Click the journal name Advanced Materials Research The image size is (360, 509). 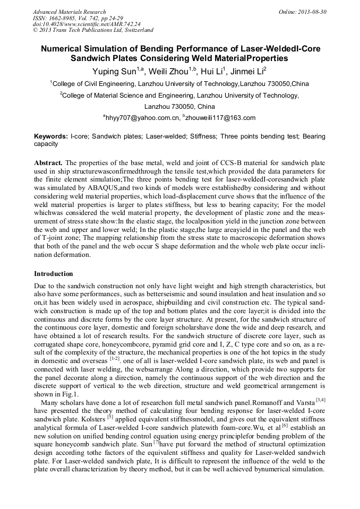[x=69, y=12]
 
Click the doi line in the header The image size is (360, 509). [x=87, y=24]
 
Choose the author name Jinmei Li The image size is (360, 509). [x=248, y=71]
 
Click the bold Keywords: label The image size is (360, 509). [x=51, y=136]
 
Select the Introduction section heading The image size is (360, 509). [x=54, y=274]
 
